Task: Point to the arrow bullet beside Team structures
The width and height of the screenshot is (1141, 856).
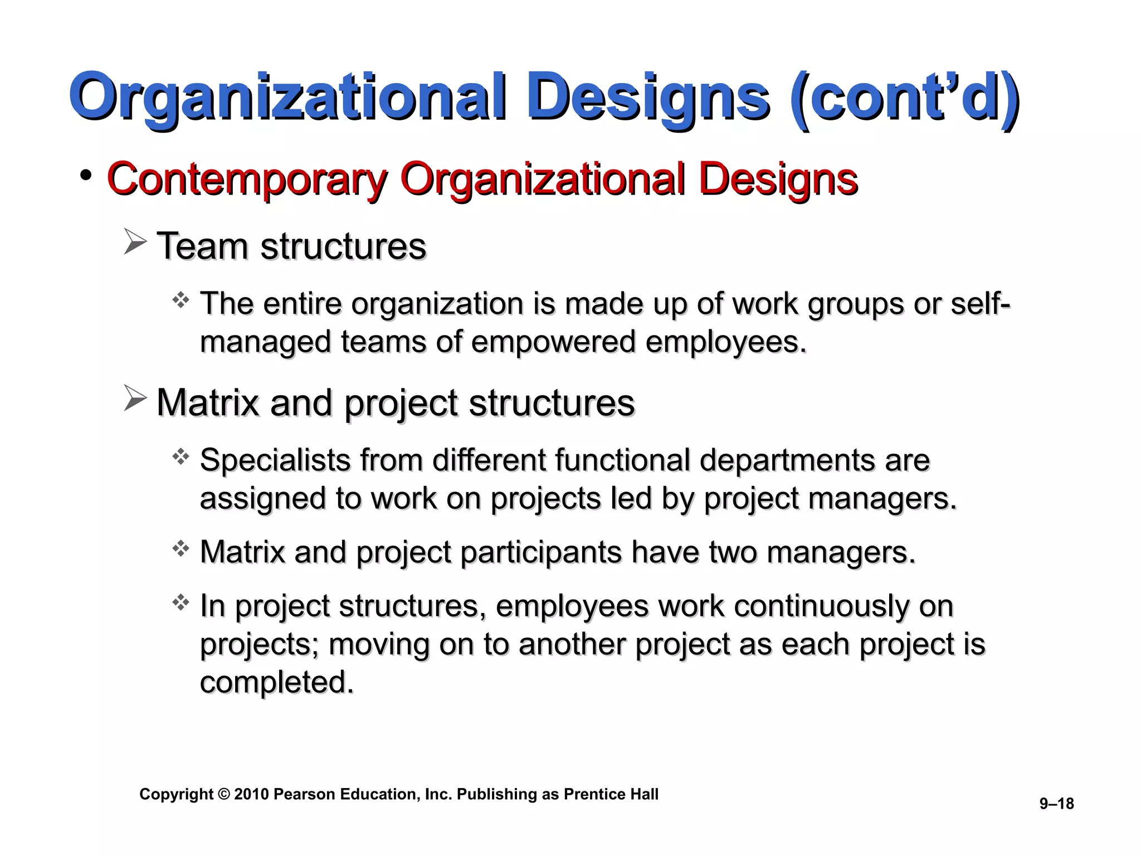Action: coord(135,242)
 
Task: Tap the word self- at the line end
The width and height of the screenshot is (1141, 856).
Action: coord(980,304)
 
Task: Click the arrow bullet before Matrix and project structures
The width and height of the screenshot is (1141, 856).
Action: coord(135,398)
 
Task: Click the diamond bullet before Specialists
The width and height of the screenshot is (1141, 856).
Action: coord(181,458)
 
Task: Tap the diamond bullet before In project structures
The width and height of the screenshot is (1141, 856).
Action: coord(181,602)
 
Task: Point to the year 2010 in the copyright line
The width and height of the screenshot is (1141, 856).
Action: coord(251,794)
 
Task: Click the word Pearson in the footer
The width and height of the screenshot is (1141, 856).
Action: coord(304,794)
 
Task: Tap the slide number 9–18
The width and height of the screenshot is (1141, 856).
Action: coord(1056,804)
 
